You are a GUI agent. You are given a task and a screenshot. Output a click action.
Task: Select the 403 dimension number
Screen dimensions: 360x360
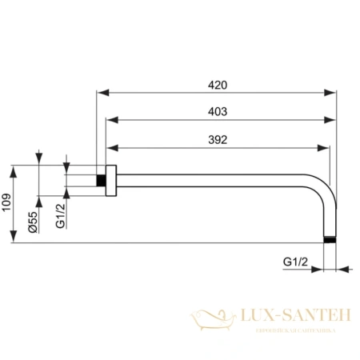click(x=218, y=113)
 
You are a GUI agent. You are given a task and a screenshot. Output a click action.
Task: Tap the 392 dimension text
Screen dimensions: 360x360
click(x=218, y=139)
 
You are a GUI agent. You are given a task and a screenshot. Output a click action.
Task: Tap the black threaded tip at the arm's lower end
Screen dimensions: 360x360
click(x=330, y=239)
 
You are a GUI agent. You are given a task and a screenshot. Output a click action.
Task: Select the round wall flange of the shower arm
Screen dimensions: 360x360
click(x=112, y=180)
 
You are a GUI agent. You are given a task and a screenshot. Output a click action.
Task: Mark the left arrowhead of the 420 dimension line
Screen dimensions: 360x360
click(x=101, y=94)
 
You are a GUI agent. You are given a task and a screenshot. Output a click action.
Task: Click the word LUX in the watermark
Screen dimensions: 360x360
click(x=263, y=318)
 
